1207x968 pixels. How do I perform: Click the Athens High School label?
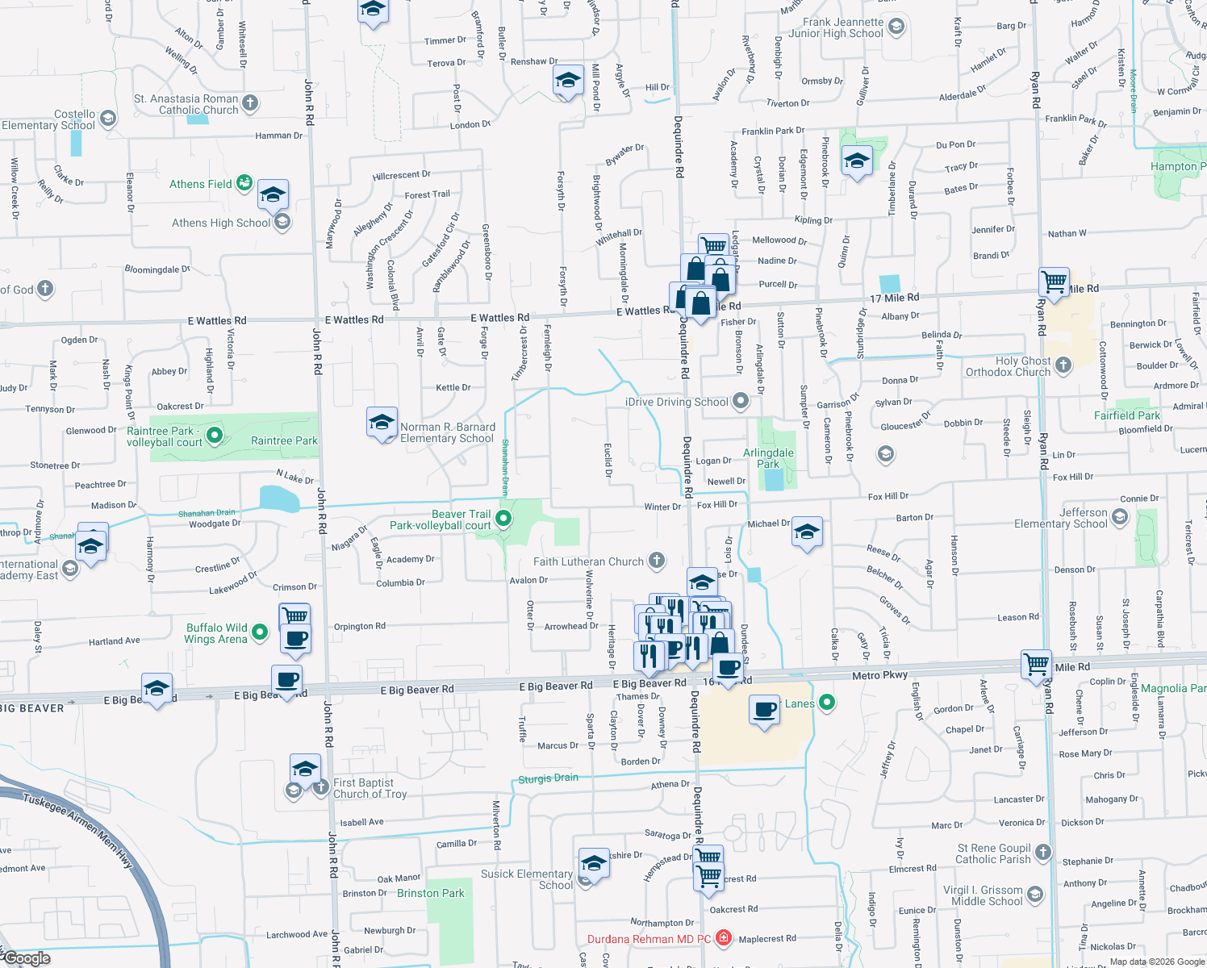coord(221,223)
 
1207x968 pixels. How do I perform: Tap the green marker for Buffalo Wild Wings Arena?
coord(260,632)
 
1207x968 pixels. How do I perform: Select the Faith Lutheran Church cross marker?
coord(657,561)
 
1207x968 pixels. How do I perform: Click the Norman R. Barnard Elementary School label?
coord(448,432)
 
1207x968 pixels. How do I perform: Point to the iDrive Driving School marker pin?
coord(741,402)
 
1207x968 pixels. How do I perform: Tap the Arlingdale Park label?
coord(768,458)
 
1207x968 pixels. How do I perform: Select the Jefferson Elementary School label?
coord(1060,518)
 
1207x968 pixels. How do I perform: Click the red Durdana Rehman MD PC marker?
coord(724,937)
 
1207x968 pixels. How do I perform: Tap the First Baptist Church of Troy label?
coord(370,788)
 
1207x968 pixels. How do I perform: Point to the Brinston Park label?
coord(431,893)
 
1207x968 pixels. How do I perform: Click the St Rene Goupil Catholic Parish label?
coord(993,853)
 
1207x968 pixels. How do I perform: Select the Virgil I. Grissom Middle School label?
coord(983,895)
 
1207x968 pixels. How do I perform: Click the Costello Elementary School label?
coord(48,119)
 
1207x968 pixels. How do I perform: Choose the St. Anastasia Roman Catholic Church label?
coord(186,104)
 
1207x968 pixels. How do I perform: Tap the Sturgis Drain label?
coord(548,778)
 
